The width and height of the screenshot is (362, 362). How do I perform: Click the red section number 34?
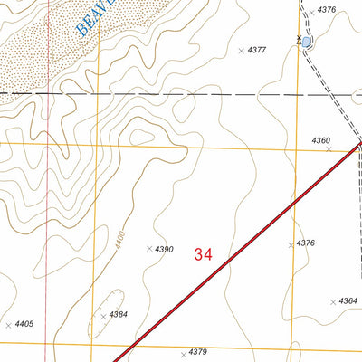[x=203, y=255]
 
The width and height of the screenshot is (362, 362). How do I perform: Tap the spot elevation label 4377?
[x=256, y=51]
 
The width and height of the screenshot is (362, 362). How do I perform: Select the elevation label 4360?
[x=320, y=140]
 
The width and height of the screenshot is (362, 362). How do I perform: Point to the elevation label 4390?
[x=164, y=249]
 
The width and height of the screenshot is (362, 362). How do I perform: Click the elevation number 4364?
[x=348, y=301]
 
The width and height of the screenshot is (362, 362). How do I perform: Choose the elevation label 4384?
[x=119, y=314]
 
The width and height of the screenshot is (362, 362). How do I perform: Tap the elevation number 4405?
[x=24, y=323]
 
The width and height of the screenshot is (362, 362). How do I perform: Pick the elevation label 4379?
[x=199, y=352]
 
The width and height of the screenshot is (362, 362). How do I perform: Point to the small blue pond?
[x=307, y=42]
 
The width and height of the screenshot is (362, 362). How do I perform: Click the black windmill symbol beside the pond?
[x=299, y=39]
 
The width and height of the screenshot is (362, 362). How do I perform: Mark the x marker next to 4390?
[x=149, y=248]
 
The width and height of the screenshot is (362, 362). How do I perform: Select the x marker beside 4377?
[x=242, y=51]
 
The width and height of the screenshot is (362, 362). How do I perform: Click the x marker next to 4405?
[x=9, y=324]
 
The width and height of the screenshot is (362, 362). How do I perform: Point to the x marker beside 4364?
[x=333, y=301]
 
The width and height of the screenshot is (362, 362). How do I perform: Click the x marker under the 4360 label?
[x=329, y=149]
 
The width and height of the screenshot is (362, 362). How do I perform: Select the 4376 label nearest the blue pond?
[x=327, y=10]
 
